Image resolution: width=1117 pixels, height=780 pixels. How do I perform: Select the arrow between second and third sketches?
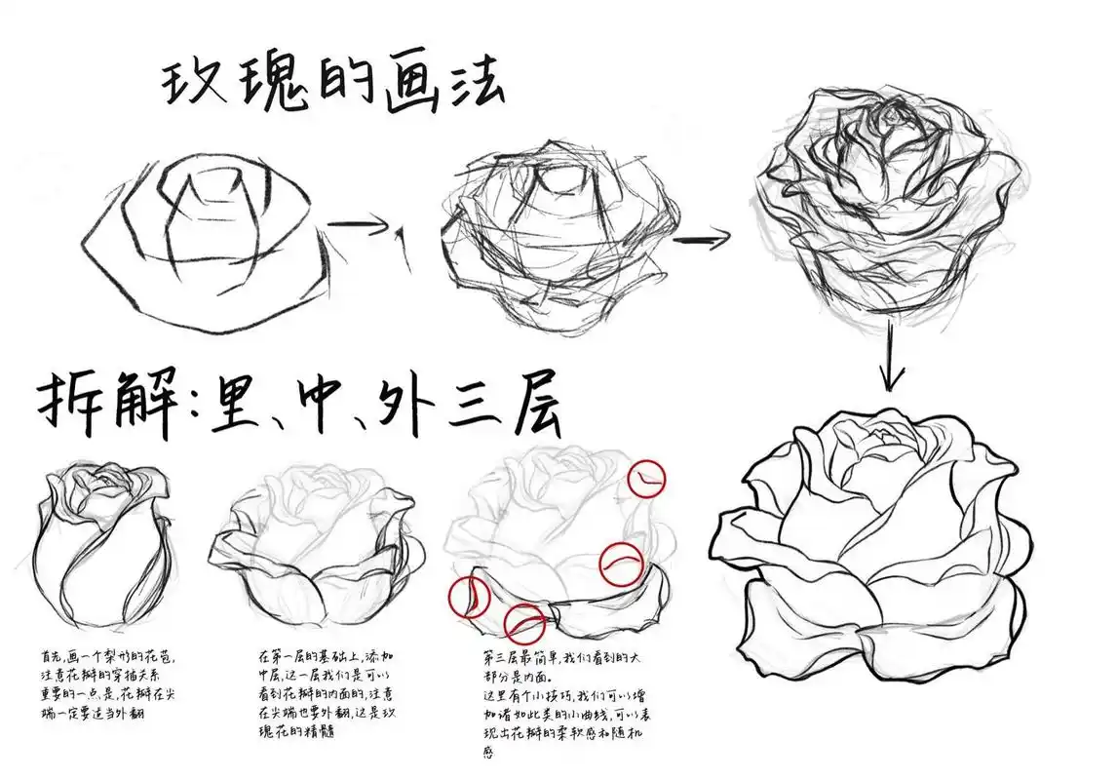click(x=702, y=238)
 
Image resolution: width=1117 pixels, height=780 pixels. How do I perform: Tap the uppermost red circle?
click(x=648, y=478)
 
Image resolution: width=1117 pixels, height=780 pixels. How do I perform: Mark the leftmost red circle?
click(x=467, y=597)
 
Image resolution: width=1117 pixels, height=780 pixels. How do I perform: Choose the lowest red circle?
click(x=525, y=622)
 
